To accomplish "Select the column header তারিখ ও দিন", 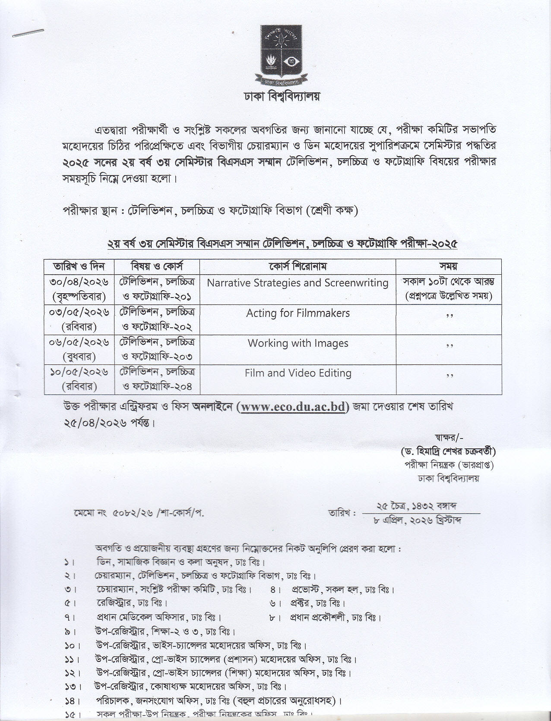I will pyautogui.click(x=79, y=266).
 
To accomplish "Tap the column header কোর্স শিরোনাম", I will pyautogui.click(x=298, y=266).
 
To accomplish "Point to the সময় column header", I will pyautogui.click(x=448, y=266).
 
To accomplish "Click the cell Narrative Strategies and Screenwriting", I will pyautogui.click(x=298, y=283).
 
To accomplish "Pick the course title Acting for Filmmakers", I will pyautogui.click(x=298, y=313).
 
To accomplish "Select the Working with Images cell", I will pyautogui.click(x=298, y=343).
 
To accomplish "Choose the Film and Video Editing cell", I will pyautogui.click(x=298, y=373).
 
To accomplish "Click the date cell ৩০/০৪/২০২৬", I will pyautogui.click(x=79, y=282).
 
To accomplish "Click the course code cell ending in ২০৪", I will pyautogui.click(x=157, y=379).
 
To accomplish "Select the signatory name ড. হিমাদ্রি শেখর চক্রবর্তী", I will pyautogui.click(x=448, y=451).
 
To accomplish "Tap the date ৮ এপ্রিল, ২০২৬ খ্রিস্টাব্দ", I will pyautogui.click(x=418, y=520).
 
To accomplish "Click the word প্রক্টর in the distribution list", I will pyautogui.click(x=301, y=602).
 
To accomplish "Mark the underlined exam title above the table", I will pyautogui.click(x=282, y=244).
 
